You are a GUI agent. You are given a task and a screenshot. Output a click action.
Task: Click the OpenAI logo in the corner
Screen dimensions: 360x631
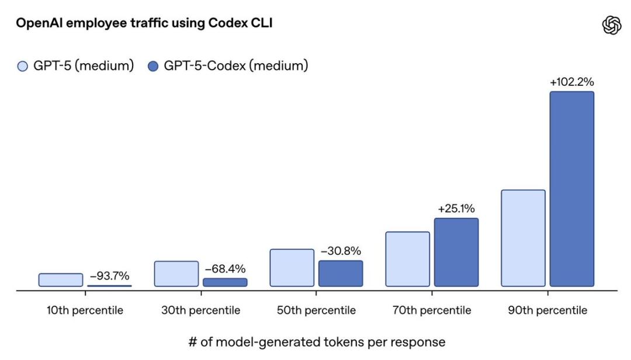(x=612, y=26)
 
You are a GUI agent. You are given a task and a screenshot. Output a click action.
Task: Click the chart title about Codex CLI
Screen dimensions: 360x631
(x=144, y=23)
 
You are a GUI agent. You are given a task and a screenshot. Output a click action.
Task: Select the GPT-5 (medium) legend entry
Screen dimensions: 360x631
(x=75, y=66)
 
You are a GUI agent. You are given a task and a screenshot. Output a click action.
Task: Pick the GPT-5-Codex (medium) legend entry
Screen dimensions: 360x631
(x=228, y=66)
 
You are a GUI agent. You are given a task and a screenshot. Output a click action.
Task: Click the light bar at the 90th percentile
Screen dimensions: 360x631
(x=523, y=238)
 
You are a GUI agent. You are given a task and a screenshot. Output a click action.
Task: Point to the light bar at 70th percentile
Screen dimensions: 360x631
(x=407, y=259)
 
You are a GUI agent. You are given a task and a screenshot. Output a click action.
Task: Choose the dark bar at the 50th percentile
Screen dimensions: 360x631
(x=340, y=273)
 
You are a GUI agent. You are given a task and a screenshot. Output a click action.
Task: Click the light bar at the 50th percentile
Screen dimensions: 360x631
(x=292, y=268)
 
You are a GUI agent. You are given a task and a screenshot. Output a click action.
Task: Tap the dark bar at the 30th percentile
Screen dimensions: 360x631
(x=225, y=282)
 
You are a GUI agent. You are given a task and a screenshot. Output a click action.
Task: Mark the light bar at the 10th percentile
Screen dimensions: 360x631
(x=61, y=280)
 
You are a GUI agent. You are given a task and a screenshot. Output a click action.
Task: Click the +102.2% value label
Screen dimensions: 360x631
(x=571, y=82)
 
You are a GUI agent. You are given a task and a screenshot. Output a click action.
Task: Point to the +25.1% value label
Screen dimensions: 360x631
(x=456, y=209)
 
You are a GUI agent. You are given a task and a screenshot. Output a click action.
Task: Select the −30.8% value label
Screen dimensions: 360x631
(x=340, y=251)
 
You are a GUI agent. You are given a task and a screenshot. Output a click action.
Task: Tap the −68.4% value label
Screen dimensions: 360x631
(x=225, y=269)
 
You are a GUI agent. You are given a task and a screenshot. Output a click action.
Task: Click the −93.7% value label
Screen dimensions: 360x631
(x=109, y=276)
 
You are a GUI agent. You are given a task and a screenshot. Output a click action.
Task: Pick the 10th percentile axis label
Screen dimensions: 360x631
(x=85, y=310)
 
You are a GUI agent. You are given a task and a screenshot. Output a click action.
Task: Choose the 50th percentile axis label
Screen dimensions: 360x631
(x=316, y=310)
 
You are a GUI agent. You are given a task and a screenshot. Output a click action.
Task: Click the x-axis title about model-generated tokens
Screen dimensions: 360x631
(x=316, y=342)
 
